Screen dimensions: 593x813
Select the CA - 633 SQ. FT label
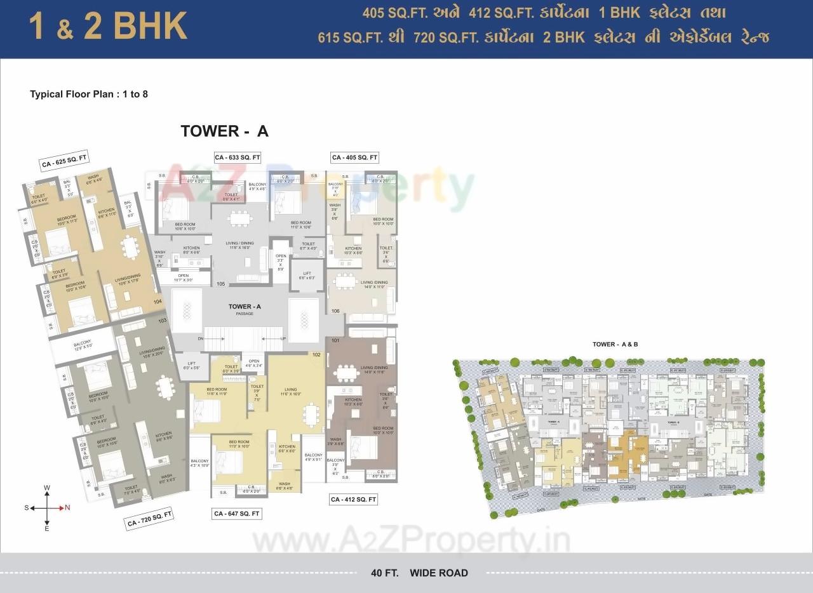[238, 157]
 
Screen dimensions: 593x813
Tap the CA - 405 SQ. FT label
[354, 157]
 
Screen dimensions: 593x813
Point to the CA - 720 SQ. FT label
[150, 519]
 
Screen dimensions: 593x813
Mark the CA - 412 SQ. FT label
[354, 500]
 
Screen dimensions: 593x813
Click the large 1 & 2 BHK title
[108, 27]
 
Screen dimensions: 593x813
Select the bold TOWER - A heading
[224, 131]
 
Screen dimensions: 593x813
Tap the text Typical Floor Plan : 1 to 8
[89, 94]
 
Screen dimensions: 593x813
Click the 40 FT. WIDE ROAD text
[419, 573]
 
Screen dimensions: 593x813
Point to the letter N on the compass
[68, 507]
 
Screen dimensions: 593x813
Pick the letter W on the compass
[47, 488]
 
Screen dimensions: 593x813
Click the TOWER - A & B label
[615, 344]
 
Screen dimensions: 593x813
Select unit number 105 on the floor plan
[221, 284]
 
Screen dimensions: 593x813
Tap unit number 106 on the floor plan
[335, 310]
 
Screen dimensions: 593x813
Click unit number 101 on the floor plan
[335, 340]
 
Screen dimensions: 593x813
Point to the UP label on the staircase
[283, 338]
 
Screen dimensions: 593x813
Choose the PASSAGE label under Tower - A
[245, 314]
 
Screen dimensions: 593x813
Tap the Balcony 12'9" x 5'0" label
[82, 345]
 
